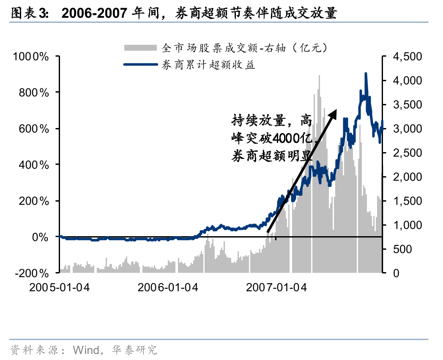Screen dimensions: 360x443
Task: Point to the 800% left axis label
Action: pos(36,93)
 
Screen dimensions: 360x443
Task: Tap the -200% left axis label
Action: pos(32,273)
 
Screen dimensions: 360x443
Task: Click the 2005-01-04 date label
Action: pos(60,287)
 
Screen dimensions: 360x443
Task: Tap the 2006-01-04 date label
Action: pos(168,287)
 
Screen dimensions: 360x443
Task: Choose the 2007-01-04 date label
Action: pos(276,287)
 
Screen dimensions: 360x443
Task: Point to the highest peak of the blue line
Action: pos(365,74)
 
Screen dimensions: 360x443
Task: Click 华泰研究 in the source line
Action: pos(134,350)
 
